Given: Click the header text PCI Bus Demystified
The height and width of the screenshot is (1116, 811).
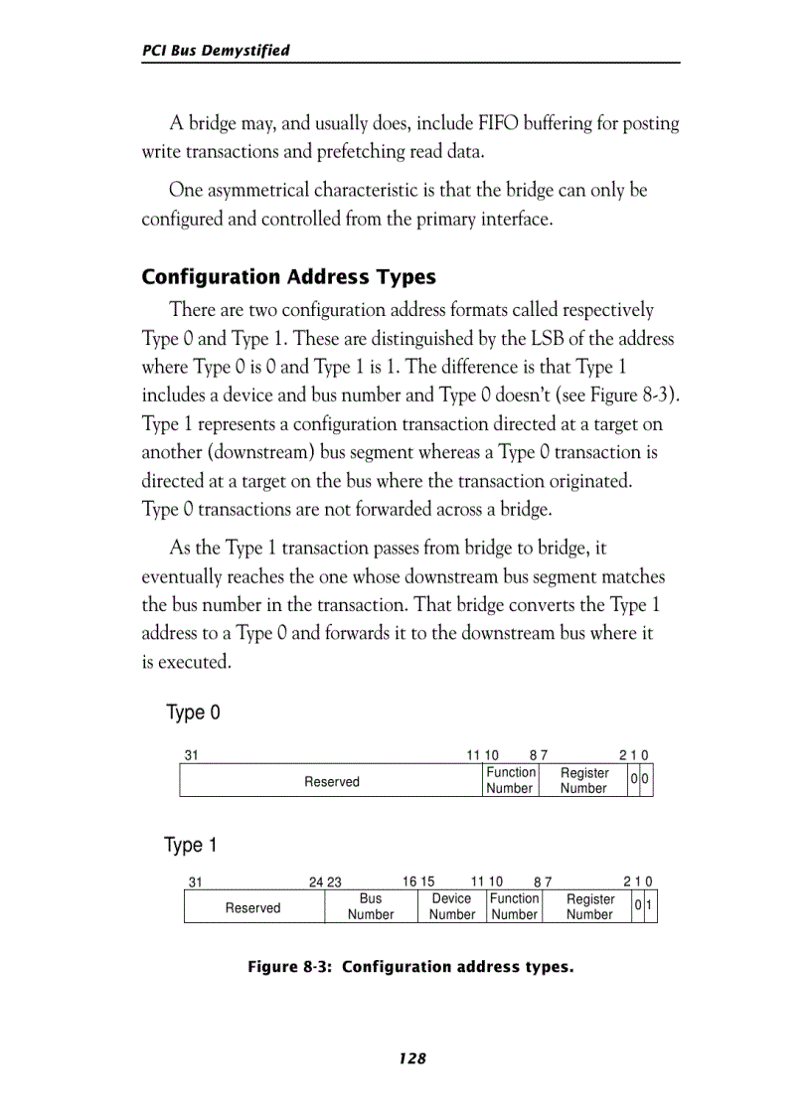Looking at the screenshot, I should pyautogui.click(x=216, y=51).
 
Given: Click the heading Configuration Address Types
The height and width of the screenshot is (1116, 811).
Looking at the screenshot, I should pyautogui.click(x=288, y=276).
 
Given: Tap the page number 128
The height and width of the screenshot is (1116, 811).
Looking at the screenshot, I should pyautogui.click(x=411, y=1058).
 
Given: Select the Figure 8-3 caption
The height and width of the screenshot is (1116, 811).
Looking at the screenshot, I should pyautogui.click(x=410, y=967).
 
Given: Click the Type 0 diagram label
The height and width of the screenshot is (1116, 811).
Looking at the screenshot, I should pyautogui.click(x=193, y=714).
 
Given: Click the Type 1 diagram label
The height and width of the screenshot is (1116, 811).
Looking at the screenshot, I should pyautogui.click(x=190, y=846).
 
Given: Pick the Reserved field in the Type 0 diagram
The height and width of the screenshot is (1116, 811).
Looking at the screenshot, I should pyautogui.click(x=331, y=781).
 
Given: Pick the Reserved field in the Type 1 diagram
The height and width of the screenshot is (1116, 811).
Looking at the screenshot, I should pyautogui.click(x=252, y=907).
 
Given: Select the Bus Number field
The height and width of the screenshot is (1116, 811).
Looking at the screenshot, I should pyautogui.click(x=370, y=906).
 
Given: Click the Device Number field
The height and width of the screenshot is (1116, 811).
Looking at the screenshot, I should pyautogui.click(x=451, y=906).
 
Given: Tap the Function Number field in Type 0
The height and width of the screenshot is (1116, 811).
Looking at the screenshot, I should pyautogui.click(x=510, y=780).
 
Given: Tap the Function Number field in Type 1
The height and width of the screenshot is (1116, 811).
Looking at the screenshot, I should pyautogui.click(x=514, y=906).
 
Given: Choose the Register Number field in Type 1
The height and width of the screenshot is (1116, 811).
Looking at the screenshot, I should pyautogui.click(x=589, y=906).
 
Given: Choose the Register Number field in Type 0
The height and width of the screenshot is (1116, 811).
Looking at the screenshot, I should pyautogui.click(x=583, y=780).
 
